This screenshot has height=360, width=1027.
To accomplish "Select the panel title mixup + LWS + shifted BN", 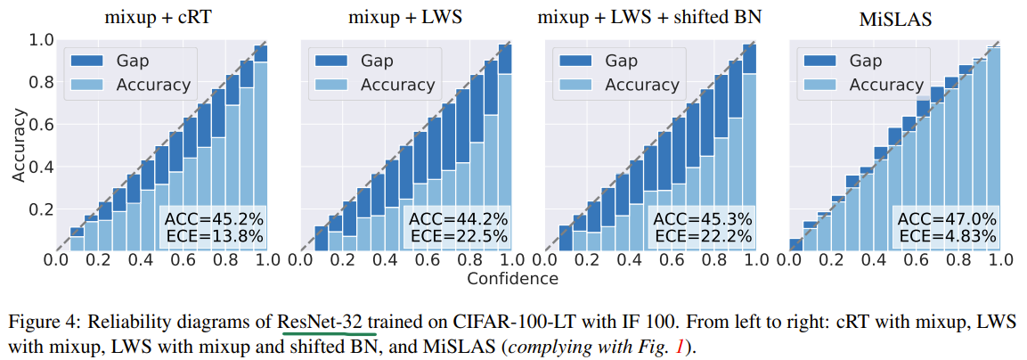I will click(x=650, y=17).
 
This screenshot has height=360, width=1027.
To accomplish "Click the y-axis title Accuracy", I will click(x=19, y=145).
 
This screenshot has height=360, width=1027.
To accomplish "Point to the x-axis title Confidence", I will click(x=512, y=278).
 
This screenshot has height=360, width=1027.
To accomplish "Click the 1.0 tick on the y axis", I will click(x=42, y=40).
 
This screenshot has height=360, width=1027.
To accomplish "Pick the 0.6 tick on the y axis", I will click(x=42, y=125).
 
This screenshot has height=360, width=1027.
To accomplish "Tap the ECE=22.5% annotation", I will click(x=459, y=236).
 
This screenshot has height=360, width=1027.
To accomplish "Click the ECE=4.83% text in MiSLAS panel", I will click(x=946, y=236).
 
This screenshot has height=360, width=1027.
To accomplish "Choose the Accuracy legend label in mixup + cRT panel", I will click(x=152, y=85).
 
